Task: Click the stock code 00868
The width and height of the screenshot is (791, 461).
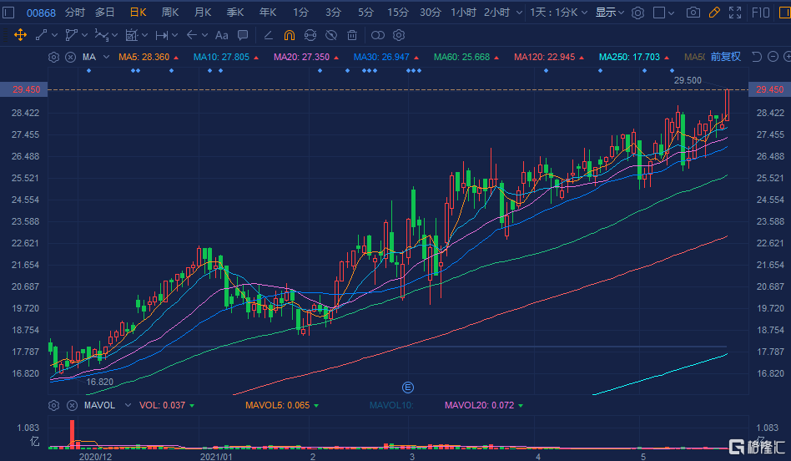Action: tap(41, 13)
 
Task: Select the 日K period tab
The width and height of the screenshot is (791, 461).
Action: tap(138, 13)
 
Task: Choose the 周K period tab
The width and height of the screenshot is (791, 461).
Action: tap(170, 13)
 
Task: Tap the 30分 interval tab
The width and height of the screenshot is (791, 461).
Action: tap(431, 13)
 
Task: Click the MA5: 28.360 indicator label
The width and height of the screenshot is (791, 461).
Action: tap(144, 57)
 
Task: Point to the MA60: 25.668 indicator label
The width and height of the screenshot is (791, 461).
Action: tap(461, 57)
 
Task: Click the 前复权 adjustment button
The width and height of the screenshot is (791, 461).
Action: tap(726, 57)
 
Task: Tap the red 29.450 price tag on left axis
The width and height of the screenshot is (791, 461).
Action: tap(24, 89)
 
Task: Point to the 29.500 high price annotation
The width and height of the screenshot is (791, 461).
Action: tap(688, 80)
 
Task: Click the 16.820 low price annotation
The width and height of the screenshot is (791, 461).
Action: tap(99, 382)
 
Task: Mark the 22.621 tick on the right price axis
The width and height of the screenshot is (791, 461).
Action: tap(768, 243)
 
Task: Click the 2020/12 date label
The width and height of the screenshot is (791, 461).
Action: tap(94, 457)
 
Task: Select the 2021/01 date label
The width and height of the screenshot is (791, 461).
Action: tap(217, 457)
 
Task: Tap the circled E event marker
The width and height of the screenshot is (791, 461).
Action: tap(408, 387)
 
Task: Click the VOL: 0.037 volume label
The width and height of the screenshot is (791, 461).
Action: tap(162, 405)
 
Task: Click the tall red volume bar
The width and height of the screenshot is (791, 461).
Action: tap(72, 433)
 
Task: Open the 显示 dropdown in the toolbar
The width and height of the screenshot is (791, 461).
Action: tap(610, 13)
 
